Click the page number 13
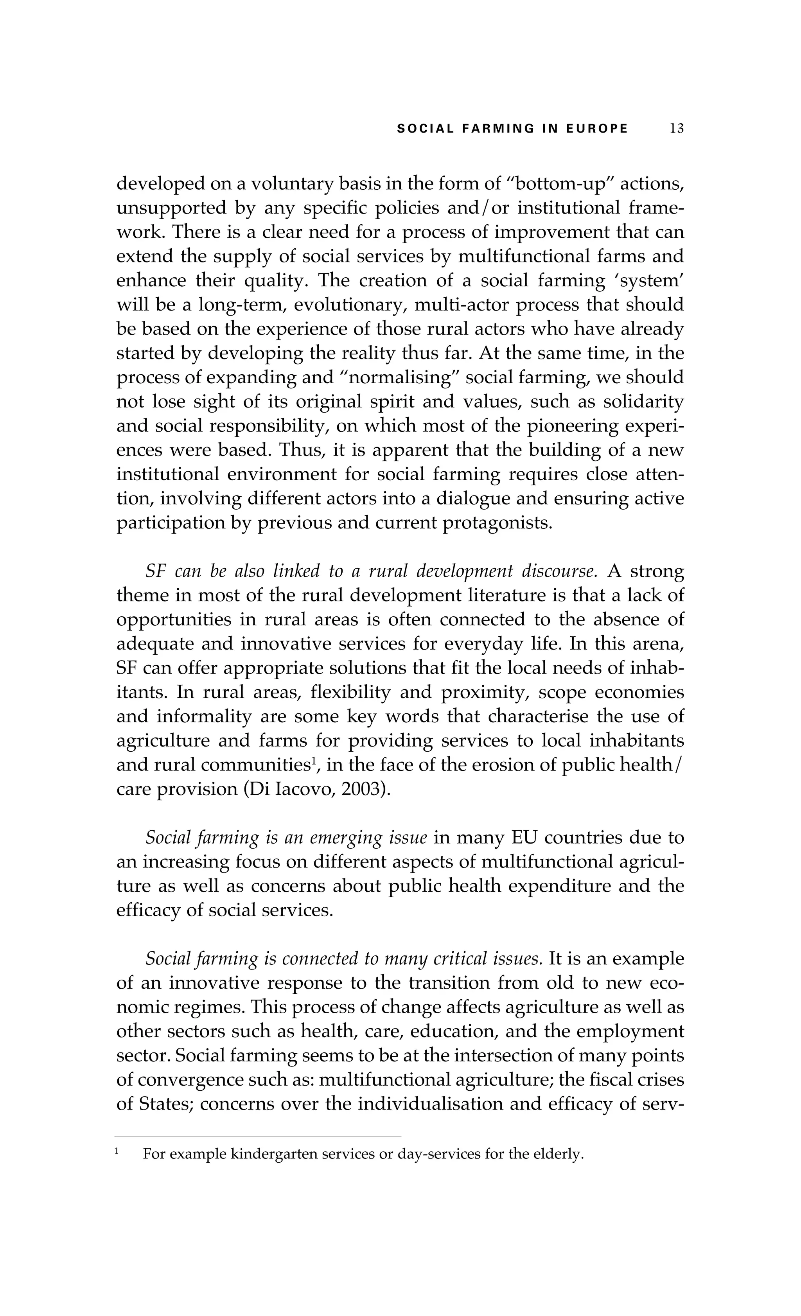tap(676, 129)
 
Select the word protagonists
tap(497, 522)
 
